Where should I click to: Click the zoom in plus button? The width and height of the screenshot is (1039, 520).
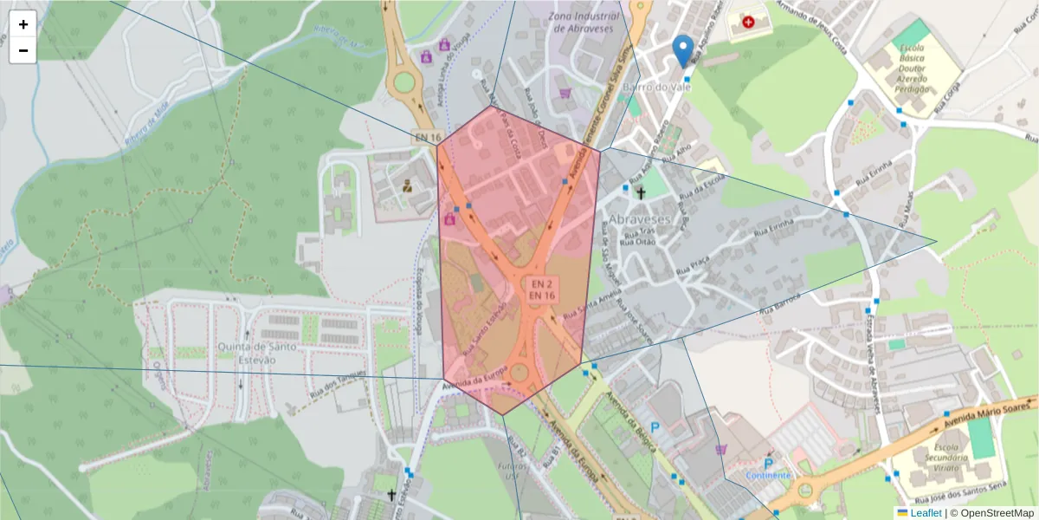(23, 24)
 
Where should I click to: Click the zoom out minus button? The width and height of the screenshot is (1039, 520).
(23, 50)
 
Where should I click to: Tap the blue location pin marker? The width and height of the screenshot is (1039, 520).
(684, 50)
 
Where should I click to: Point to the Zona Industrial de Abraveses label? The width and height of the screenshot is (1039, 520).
(582, 23)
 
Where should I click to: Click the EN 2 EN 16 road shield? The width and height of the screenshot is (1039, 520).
(542, 289)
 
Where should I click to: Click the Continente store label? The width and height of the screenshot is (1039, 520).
(768, 475)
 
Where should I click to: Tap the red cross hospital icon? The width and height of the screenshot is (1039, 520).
(748, 21)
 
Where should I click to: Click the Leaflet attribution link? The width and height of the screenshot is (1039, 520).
(926, 512)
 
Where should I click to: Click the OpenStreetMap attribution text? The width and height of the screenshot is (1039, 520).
(995, 512)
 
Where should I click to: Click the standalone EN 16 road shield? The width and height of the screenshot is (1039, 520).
(428, 137)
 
